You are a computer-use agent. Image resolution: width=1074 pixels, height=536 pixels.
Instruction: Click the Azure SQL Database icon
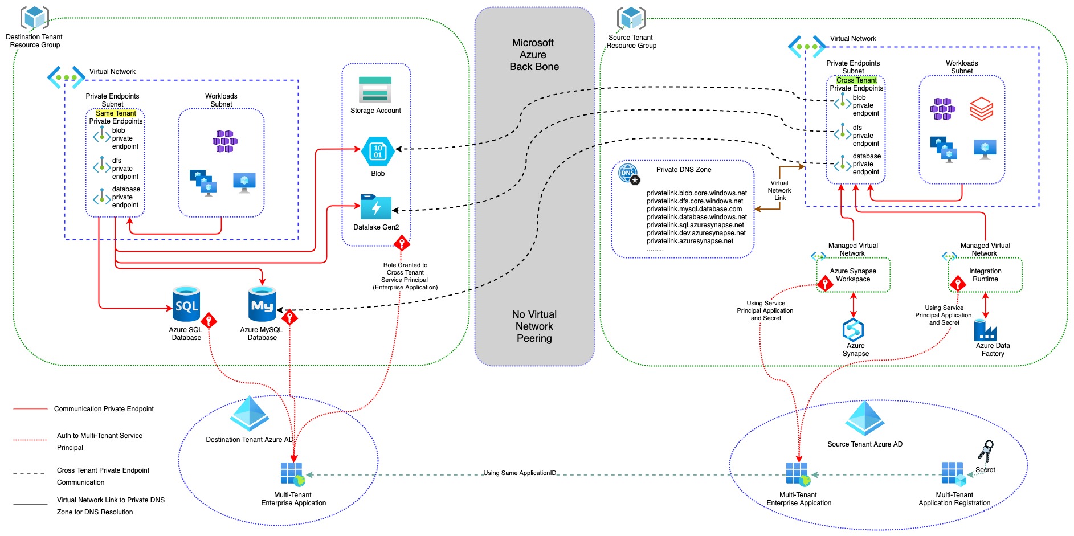186,305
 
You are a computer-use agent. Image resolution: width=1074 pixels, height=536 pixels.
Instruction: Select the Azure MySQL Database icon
262,305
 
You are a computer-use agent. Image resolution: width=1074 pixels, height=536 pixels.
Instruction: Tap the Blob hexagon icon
378,152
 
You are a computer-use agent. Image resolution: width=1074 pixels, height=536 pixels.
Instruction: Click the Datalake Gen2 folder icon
376,207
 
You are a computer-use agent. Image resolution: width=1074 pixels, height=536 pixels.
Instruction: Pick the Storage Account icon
375,89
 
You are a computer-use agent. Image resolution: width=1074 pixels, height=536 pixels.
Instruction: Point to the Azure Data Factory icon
985,330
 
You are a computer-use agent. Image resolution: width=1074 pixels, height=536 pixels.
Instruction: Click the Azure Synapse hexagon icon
854,330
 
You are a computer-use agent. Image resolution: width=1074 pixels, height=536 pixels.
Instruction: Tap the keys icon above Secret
986,451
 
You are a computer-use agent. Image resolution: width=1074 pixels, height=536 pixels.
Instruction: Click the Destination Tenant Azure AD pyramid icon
250,414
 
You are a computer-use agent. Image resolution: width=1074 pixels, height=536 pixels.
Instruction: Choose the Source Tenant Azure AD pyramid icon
865,419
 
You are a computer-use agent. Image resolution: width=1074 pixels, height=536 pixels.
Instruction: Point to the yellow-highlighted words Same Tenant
116,113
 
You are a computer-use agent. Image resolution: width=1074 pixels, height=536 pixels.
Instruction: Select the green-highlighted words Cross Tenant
856,80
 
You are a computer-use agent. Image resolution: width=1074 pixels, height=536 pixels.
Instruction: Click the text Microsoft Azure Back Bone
534,55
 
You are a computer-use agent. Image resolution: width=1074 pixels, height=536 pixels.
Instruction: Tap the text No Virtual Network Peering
534,326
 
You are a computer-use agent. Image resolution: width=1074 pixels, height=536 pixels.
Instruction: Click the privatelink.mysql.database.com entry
694,209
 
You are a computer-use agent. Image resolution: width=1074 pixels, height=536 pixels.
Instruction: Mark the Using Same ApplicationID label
520,473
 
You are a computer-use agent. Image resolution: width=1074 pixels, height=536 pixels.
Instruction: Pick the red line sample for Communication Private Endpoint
30,409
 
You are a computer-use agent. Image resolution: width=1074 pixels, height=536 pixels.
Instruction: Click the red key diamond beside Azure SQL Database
209,321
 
